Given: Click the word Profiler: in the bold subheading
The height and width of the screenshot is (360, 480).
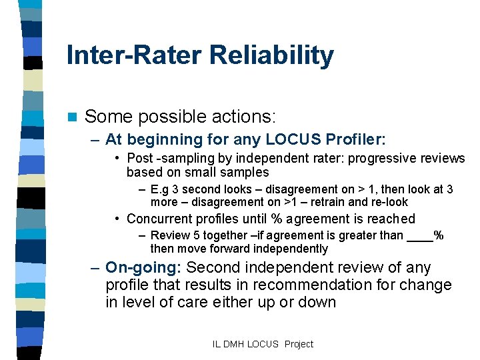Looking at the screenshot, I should click(x=355, y=140).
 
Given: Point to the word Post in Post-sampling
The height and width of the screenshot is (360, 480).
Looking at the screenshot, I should click(x=139, y=158).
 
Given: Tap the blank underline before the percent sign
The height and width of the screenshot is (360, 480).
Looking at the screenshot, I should click(x=419, y=235).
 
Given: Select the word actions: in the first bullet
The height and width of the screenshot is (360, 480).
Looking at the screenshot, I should click(x=243, y=117).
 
